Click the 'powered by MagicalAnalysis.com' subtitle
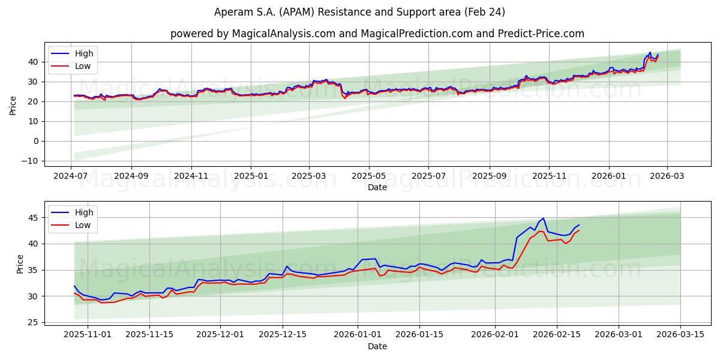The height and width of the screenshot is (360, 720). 377,34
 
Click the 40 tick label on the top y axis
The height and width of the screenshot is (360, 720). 34,62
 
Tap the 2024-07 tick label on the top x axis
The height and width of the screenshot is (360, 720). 71,176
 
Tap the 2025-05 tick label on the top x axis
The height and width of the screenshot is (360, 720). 368,176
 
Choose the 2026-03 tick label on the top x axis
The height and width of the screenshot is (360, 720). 667,176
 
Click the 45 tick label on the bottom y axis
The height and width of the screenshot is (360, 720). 34,218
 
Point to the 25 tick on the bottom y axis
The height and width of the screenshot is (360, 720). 34,323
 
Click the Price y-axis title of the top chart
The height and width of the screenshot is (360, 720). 13,106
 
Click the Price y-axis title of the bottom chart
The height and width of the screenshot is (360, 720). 20,264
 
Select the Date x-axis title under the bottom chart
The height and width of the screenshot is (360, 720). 377,346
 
